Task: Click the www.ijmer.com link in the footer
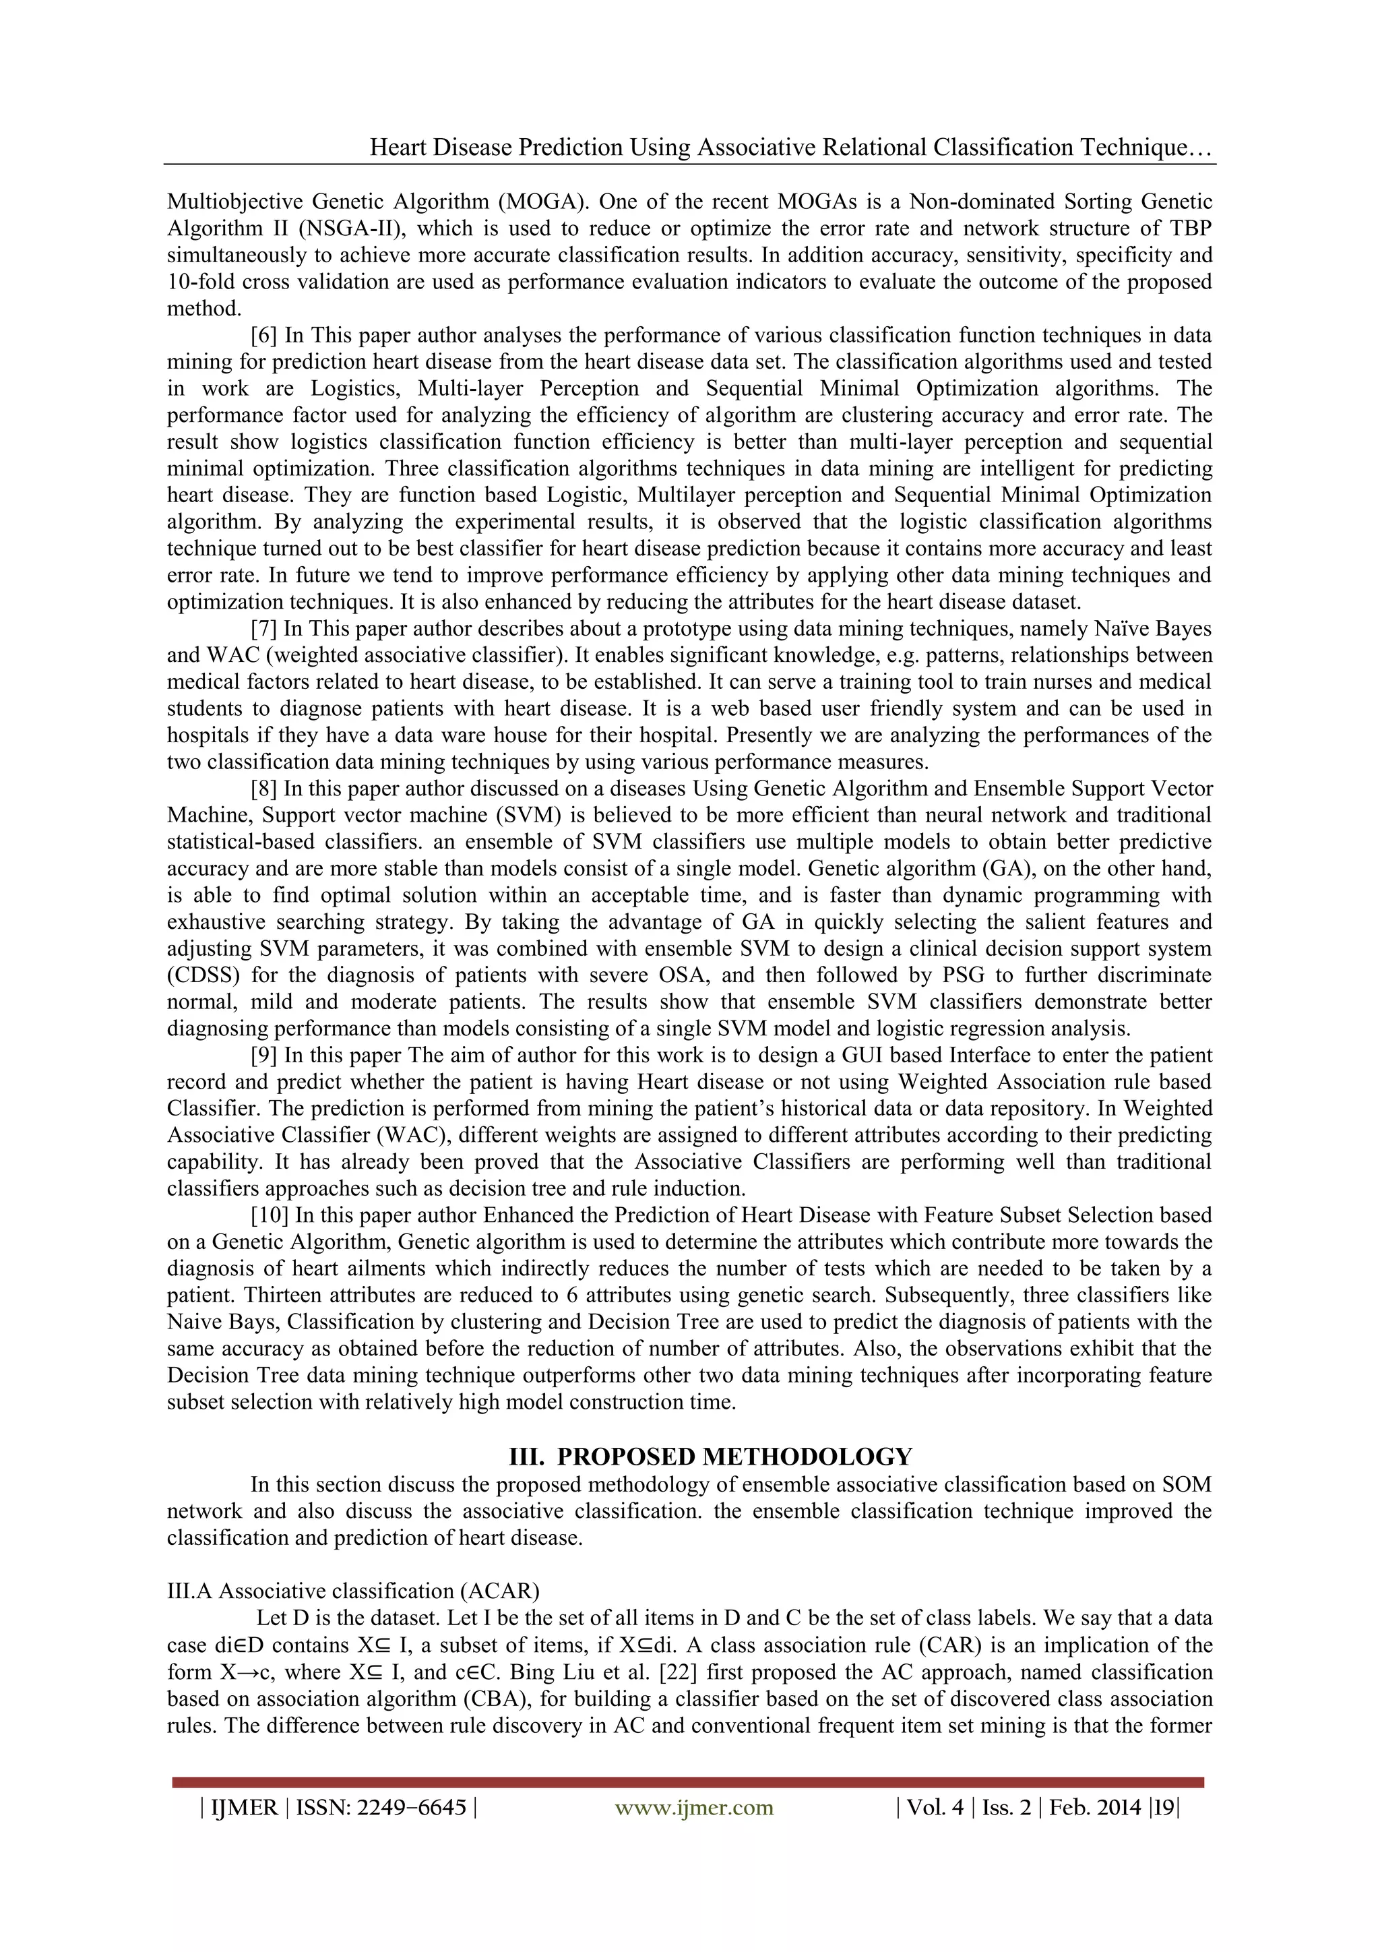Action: [x=693, y=1808]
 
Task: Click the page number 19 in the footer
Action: [x=1163, y=1808]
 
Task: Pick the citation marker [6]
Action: [x=263, y=335]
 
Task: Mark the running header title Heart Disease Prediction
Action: [x=495, y=147]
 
